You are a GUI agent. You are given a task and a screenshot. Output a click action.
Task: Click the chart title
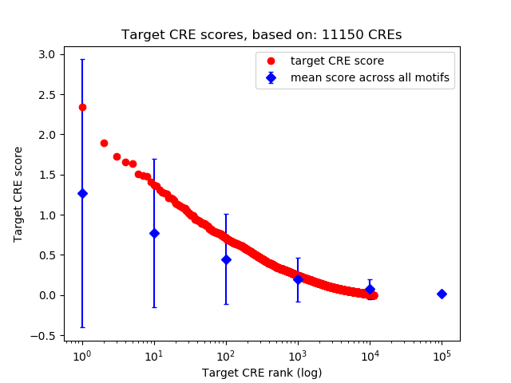[261, 35]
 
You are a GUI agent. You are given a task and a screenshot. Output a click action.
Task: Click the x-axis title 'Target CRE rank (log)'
[261, 373]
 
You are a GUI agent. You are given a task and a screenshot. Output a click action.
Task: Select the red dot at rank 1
[82, 107]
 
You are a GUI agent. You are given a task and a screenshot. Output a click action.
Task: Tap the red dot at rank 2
[104, 143]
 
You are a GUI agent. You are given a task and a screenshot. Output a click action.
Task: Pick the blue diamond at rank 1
[82, 193]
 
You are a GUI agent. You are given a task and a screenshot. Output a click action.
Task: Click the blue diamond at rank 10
[154, 233]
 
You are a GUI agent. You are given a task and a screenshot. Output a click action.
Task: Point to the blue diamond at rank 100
[226, 259]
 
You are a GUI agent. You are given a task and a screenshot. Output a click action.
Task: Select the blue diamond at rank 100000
[442, 294]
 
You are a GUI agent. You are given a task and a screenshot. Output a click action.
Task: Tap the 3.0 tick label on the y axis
[46, 54]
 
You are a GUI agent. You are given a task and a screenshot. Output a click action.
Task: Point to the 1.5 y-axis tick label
[46, 175]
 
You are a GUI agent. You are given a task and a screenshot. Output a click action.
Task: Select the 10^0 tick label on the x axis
[81, 354]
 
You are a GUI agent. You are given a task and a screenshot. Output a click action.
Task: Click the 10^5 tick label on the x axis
[442, 354]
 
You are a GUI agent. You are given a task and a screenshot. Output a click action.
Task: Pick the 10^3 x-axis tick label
[298, 354]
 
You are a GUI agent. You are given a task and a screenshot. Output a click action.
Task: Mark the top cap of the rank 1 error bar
[82, 59]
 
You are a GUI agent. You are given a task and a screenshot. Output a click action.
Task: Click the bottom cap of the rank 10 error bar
[154, 307]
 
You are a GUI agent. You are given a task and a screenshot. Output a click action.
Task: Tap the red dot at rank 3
[117, 156]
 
